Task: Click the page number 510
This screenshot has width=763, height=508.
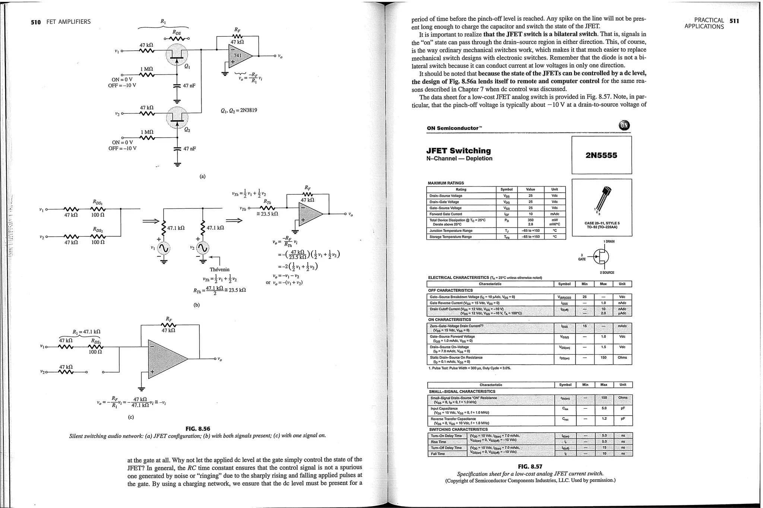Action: pyautogui.click(x=36, y=22)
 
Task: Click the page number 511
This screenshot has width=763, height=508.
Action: pyautogui.click(x=734, y=21)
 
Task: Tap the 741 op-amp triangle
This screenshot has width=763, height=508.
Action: pyautogui.click(x=238, y=56)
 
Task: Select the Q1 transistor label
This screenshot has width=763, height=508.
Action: pyautogui.click(x=187, y=67)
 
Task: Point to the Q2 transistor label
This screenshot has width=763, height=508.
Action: pyautogui.click(x=187, y=130)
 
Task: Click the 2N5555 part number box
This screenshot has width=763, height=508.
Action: pyautogui.click(x=601, y=155)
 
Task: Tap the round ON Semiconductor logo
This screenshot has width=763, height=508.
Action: pyautogui.click(x=624, y=126)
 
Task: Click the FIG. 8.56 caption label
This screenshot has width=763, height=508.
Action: pyautogui.click(x=197, y=429)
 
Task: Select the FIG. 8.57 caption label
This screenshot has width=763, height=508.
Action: pyautogui.click(x=530, y=467)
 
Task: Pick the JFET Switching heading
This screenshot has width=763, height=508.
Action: pyautogui.click(x=458, y=151)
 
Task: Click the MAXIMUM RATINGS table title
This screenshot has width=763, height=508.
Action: pyautogui.click(x=446, y=183)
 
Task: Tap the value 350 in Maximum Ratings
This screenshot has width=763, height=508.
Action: pyautogui.click(x=531, y=220)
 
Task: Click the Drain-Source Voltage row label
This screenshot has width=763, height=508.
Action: pyautogui.click(x=446, y=196)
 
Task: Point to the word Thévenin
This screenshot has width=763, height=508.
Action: pyautogui.click(x=219, y=269)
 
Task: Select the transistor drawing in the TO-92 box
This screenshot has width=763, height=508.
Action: pyautogui.click(x=601, y=201)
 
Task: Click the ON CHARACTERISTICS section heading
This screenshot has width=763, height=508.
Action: pyautogui.click(x=449, y=320)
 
